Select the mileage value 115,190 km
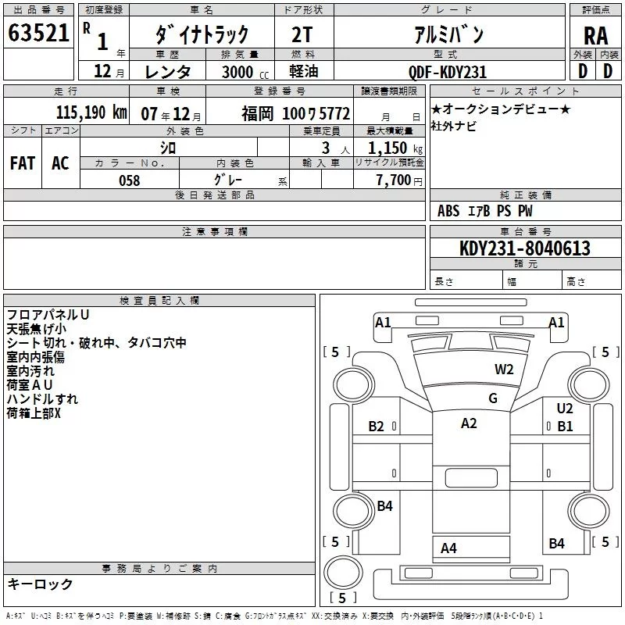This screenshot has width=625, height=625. tap(91, 112)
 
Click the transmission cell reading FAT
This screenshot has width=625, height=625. tap(22, 163)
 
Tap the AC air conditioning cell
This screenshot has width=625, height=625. tap(60, 163)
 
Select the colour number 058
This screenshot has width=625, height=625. tap(129, 180)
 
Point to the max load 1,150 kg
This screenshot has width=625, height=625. tap(395, 148)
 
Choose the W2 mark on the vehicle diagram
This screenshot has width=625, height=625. tap(504, 370)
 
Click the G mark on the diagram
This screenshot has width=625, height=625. tap(493, 398)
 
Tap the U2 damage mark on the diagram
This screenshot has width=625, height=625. tap(565, 408)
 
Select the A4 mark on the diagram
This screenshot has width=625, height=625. tap(448, 548)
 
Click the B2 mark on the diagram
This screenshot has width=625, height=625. tap(377, 427)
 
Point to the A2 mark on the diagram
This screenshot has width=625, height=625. tap(469, 423)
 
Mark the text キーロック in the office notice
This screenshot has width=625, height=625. tap(40, 584)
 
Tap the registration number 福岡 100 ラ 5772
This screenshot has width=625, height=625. tap(295, 113)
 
